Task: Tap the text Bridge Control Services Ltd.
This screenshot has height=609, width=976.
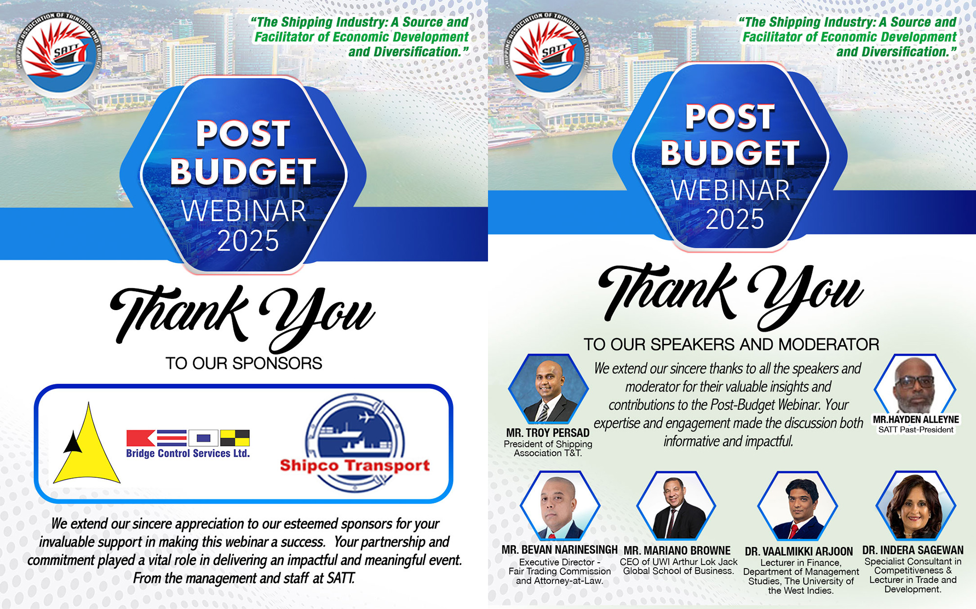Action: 188,453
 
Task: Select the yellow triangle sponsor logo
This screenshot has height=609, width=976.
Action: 87,443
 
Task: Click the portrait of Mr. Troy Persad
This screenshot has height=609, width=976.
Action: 548,389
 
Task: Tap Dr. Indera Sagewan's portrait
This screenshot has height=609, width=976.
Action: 915,506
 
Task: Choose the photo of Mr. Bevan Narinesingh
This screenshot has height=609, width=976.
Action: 560,506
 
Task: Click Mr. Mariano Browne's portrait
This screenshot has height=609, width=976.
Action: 676,506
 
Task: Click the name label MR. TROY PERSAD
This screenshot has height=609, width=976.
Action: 548,432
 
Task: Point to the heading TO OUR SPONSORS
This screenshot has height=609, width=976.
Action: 244,363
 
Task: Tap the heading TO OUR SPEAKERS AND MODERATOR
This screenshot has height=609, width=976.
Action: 732,344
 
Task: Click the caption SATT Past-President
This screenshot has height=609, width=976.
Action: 915,430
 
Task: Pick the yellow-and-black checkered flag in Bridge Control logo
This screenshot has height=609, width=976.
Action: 235,438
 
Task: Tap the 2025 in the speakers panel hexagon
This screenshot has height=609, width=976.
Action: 734,219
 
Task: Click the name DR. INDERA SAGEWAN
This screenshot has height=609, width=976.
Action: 913,550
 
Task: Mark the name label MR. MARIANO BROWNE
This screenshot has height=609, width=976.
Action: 677,550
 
